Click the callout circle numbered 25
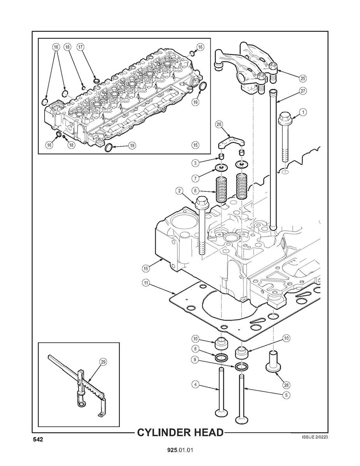[302, 78]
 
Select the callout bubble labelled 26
[219, 124]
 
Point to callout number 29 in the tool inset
[103, 362]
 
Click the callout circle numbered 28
[286, 385]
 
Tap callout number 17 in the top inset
[80, 47]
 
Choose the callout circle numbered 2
[179, 191]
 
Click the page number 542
[37, 440]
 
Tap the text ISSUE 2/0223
[314, 437]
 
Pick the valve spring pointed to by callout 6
[222, 189]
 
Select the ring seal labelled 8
[221, 357]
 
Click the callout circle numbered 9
[195, 360]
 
